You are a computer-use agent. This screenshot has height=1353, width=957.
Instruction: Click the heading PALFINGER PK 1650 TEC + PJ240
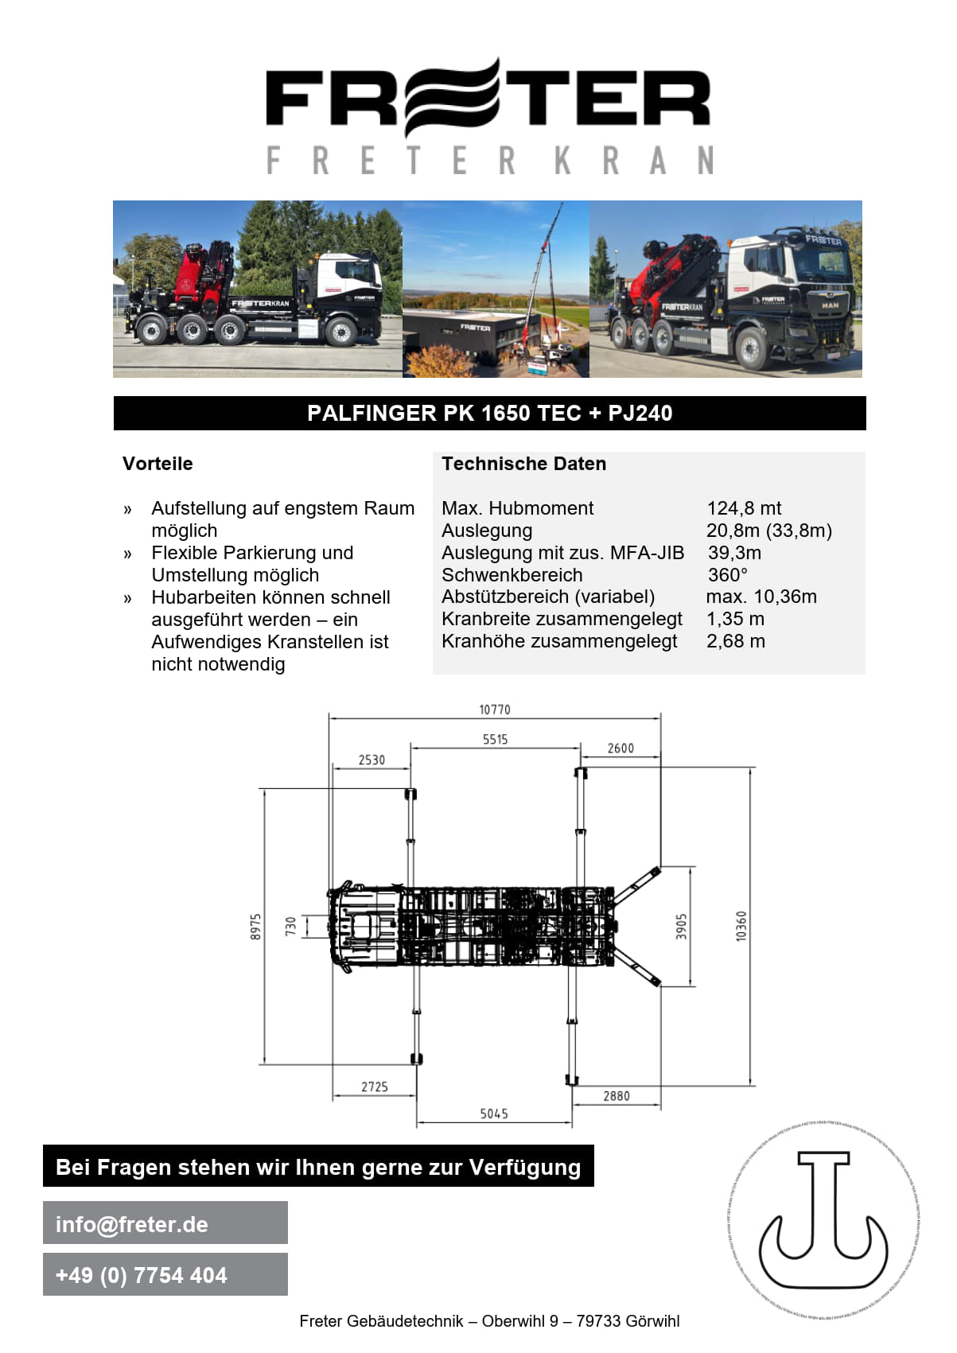coord(489,414)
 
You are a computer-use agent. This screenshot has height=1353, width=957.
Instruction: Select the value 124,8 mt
coord(744,508)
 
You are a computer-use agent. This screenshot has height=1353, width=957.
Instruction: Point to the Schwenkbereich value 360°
coord(727,575)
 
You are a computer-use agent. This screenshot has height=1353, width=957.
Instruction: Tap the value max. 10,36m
coord(761,597)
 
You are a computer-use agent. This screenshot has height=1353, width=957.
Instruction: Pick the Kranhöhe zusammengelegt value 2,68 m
coord(735,641)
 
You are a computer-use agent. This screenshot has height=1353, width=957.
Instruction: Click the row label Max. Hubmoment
coord(517,508)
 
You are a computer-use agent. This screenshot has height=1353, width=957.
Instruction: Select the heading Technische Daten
coord(523,464)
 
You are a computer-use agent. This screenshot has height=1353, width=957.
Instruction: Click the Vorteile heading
coord(158,464)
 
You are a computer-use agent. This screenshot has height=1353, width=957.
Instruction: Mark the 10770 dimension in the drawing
coord(495,710)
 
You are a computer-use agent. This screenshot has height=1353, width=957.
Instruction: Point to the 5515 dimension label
coord(495,740)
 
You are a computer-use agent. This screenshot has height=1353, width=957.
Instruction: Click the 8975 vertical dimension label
coord(256,927)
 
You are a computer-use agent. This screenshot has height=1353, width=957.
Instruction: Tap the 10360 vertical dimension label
coord(741,927)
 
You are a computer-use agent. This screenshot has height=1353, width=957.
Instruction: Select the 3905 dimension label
coord(682,927)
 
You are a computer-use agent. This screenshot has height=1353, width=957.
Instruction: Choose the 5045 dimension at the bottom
coord(494,1114)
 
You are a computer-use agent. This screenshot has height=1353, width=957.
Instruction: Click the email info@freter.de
coord(132,1225)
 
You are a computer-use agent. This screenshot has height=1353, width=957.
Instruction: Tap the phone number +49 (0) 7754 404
coord(142,1276)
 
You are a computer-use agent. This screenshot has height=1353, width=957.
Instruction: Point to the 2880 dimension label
coord(617,1096)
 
